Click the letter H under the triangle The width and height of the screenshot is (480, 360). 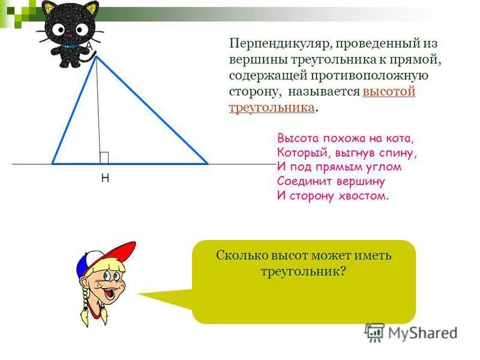click(104, 178)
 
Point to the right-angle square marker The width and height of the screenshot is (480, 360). click(104, 158)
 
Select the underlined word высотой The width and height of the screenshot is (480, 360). click(389, 92)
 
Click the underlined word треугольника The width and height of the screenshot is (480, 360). click(272, 107)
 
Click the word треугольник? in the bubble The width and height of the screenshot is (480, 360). click(304, 271)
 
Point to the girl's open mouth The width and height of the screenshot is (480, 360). click(110, 293)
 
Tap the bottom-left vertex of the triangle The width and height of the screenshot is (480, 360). click(53, 163)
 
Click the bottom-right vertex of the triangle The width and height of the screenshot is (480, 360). click(207, 163)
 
